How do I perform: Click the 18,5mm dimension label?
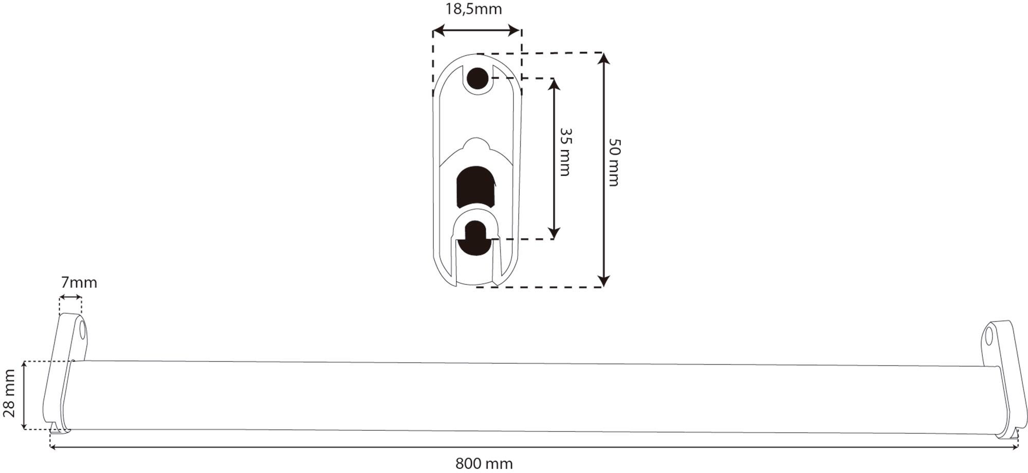click(x=473, y=9)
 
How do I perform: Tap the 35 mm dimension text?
click(x=565, y=152)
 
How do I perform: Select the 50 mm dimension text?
click(x=614, y=162)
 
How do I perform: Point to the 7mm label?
click(x=79, y=282)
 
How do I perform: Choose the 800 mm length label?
click(x=484, y=464)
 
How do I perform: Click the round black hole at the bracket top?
click(x=478, y=78)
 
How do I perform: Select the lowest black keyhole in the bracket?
click(x=475, y=238)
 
